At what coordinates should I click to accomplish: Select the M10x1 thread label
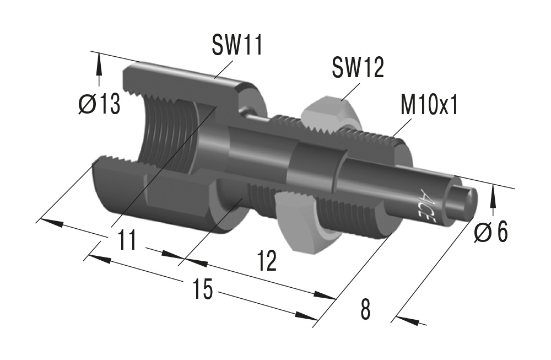[429, 105]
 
